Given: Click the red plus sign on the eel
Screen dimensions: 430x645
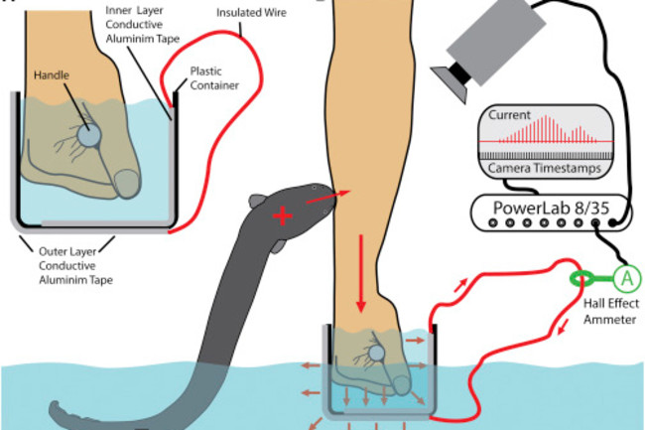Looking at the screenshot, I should pyautogui.click(x=283, y=216).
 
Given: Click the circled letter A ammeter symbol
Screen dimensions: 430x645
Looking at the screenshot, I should pyautogui.click(x=626, y=278).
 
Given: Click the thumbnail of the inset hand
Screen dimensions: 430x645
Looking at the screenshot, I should pyautogui.click(x=127, y=181).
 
